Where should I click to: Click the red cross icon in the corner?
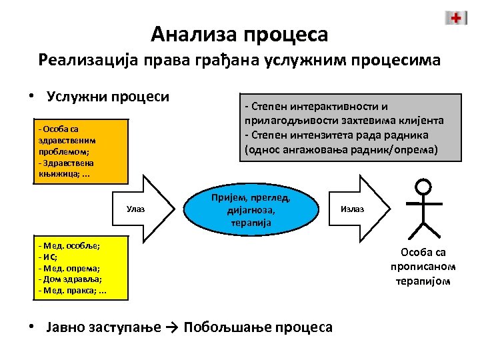(x=456, y=18)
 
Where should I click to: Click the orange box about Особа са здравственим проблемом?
(x=73, y=151)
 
